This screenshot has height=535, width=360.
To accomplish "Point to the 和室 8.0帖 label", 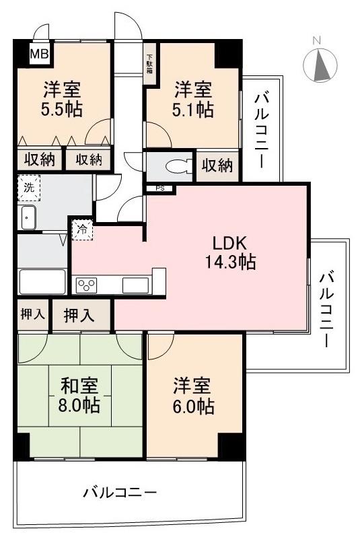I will click(80, 396).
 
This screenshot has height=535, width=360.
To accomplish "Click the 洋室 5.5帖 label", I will click(64, 98).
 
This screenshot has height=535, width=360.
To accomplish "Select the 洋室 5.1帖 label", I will click(193, 98).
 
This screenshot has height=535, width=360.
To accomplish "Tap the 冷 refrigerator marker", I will click(81, 229).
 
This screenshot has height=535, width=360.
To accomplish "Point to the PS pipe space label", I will click(159, 188).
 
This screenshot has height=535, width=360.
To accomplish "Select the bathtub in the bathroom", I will click(42, 281).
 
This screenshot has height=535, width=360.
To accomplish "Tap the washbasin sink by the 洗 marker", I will click(28, 217).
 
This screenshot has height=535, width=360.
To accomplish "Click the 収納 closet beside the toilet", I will click(217, 165).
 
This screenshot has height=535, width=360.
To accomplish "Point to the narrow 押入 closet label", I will click(32, 315).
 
